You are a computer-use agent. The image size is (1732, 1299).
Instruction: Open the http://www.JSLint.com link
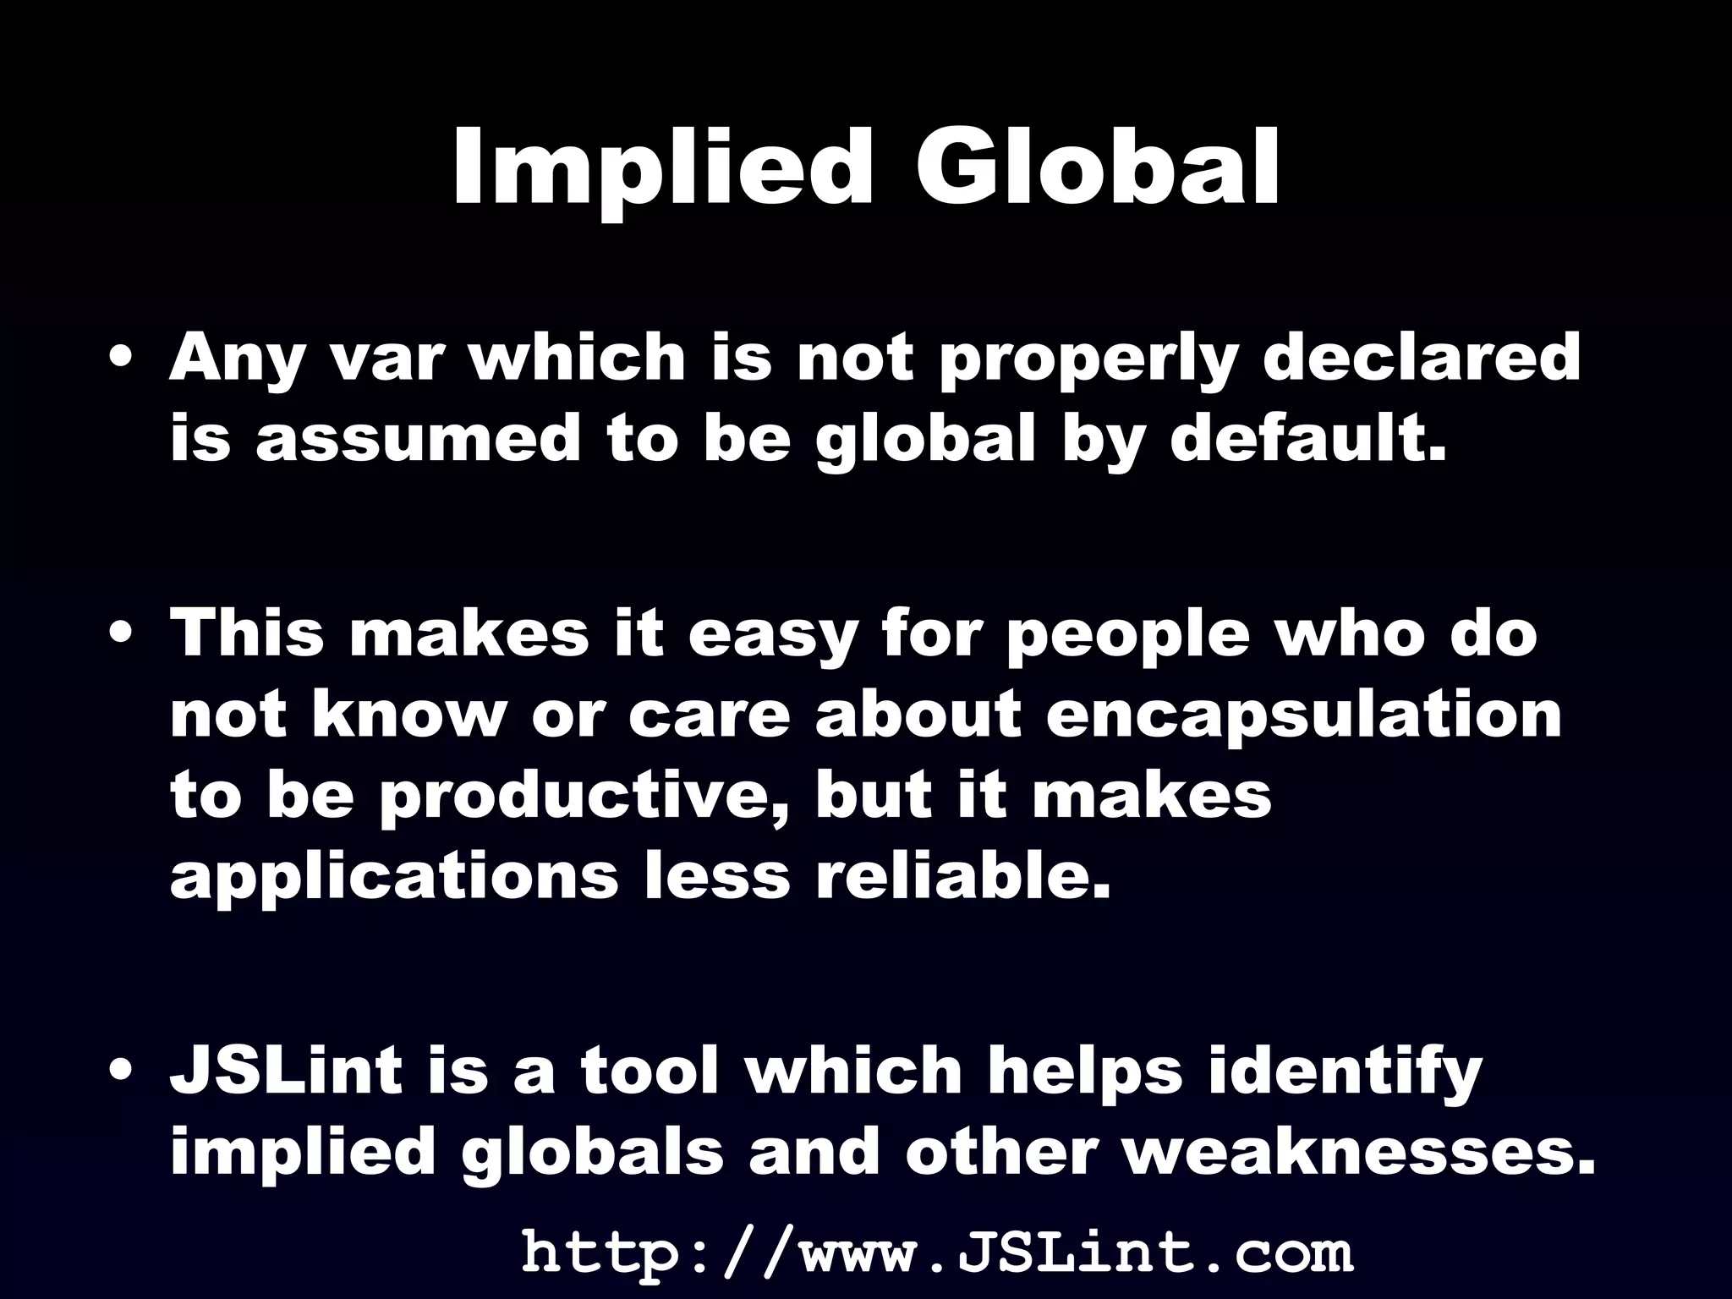click(937, 1252)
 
